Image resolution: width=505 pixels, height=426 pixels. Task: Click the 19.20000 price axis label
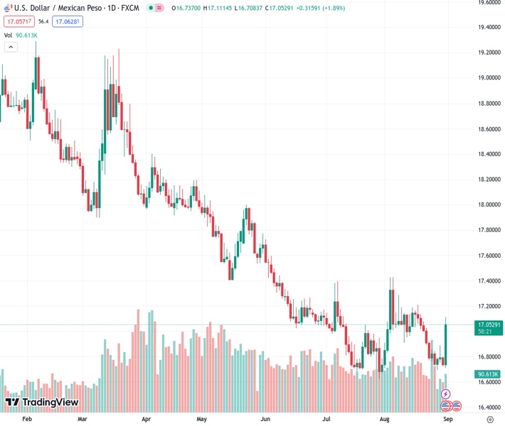(x=487, y=53)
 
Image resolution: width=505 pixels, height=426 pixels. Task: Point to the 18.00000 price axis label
(x=487, y=204)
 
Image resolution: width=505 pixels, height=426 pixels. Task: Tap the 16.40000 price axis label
(x=487, y=408)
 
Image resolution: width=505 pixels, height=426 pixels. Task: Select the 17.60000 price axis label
(x=487, y=256)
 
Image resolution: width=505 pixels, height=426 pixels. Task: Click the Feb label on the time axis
(x=28, y=420)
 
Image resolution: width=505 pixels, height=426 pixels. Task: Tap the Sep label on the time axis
(x=448, y=420)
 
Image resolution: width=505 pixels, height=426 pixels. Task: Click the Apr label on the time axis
(x=146, y=420)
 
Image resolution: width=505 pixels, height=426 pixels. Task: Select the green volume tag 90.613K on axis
(x=487, y=374)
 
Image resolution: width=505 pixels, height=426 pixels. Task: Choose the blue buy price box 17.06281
(x=68, y=21)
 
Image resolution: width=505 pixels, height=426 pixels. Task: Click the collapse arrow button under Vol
(x=11, y=47)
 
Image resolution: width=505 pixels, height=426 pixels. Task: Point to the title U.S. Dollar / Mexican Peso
(x=57, y=8)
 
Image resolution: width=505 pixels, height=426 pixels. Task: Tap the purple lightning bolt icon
(x=446, y=393)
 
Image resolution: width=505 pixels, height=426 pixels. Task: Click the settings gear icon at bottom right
(x=490, y=420)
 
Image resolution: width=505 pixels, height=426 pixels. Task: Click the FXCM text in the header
(x=129, y=8)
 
